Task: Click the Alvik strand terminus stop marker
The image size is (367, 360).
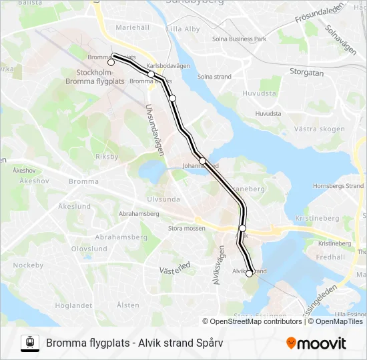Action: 250,273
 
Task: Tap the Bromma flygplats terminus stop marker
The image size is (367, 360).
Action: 111,63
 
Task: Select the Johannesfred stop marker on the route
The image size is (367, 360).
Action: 202,161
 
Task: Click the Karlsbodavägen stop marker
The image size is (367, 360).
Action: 151,75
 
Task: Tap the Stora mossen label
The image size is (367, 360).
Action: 186,228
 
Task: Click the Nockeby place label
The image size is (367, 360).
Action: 28,265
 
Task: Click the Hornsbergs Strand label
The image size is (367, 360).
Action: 338,185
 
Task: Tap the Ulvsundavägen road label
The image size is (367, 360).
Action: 155,130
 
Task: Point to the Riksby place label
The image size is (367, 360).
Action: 107,157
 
